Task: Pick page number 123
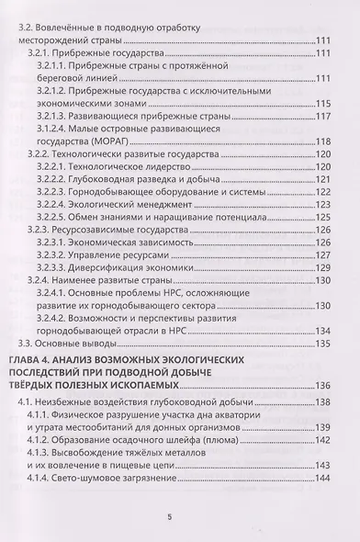click(x=322, y=204)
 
